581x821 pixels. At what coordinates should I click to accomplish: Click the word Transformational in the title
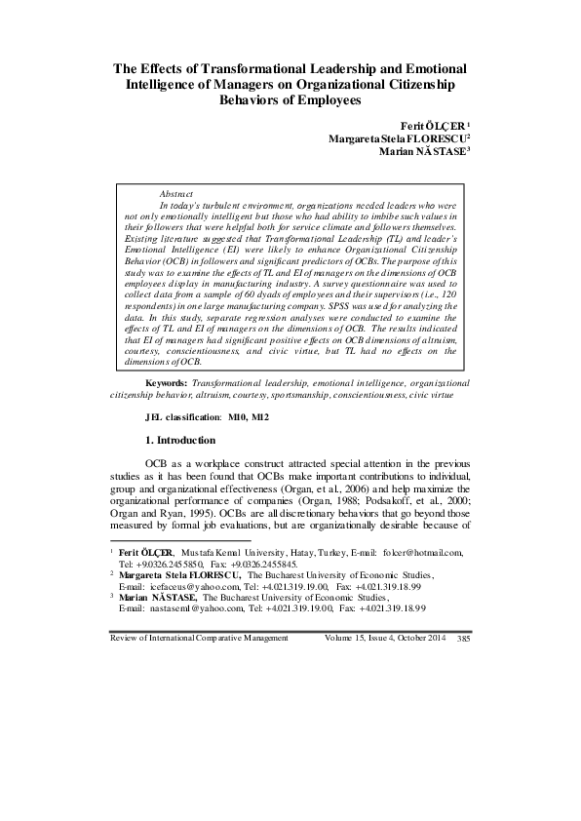[249, 68]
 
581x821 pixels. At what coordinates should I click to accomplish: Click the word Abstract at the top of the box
[175, 195]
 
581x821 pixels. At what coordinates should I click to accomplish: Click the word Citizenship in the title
[422, 84]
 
